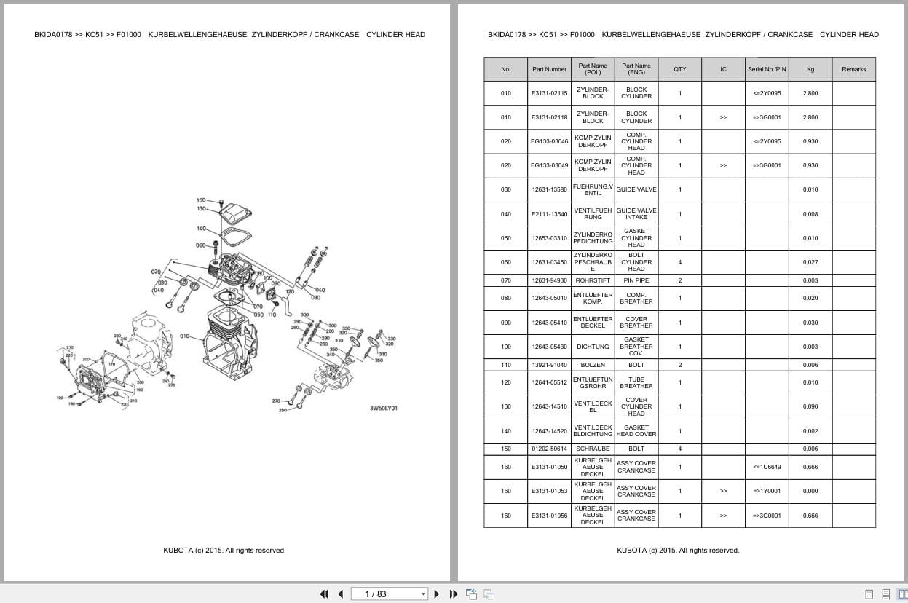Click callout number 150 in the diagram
(x=201, y=200)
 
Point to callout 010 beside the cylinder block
(x=185, y=336)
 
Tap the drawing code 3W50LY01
(x=384, y=408)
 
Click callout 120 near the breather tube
(x=289, y=292)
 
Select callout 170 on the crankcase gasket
(x=111, y=363)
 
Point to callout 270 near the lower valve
(x=276, y=401)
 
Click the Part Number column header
(x=549, y=69)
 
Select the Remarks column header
(x=853, y=69)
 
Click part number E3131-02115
(x=549, y=93)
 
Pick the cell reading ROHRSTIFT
(x=593, y=280)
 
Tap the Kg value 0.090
(x=810, y=406)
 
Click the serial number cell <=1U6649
(x=767, y=467)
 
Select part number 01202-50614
(x=549, y=449)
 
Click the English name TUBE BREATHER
(x=636, y=382)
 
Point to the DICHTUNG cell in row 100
(x=593, y=347)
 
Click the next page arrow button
(x=437, y=594)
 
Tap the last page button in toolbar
(x=454, y=594)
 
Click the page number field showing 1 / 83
(x=387, y=594)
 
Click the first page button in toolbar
(x=324, y=594)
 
